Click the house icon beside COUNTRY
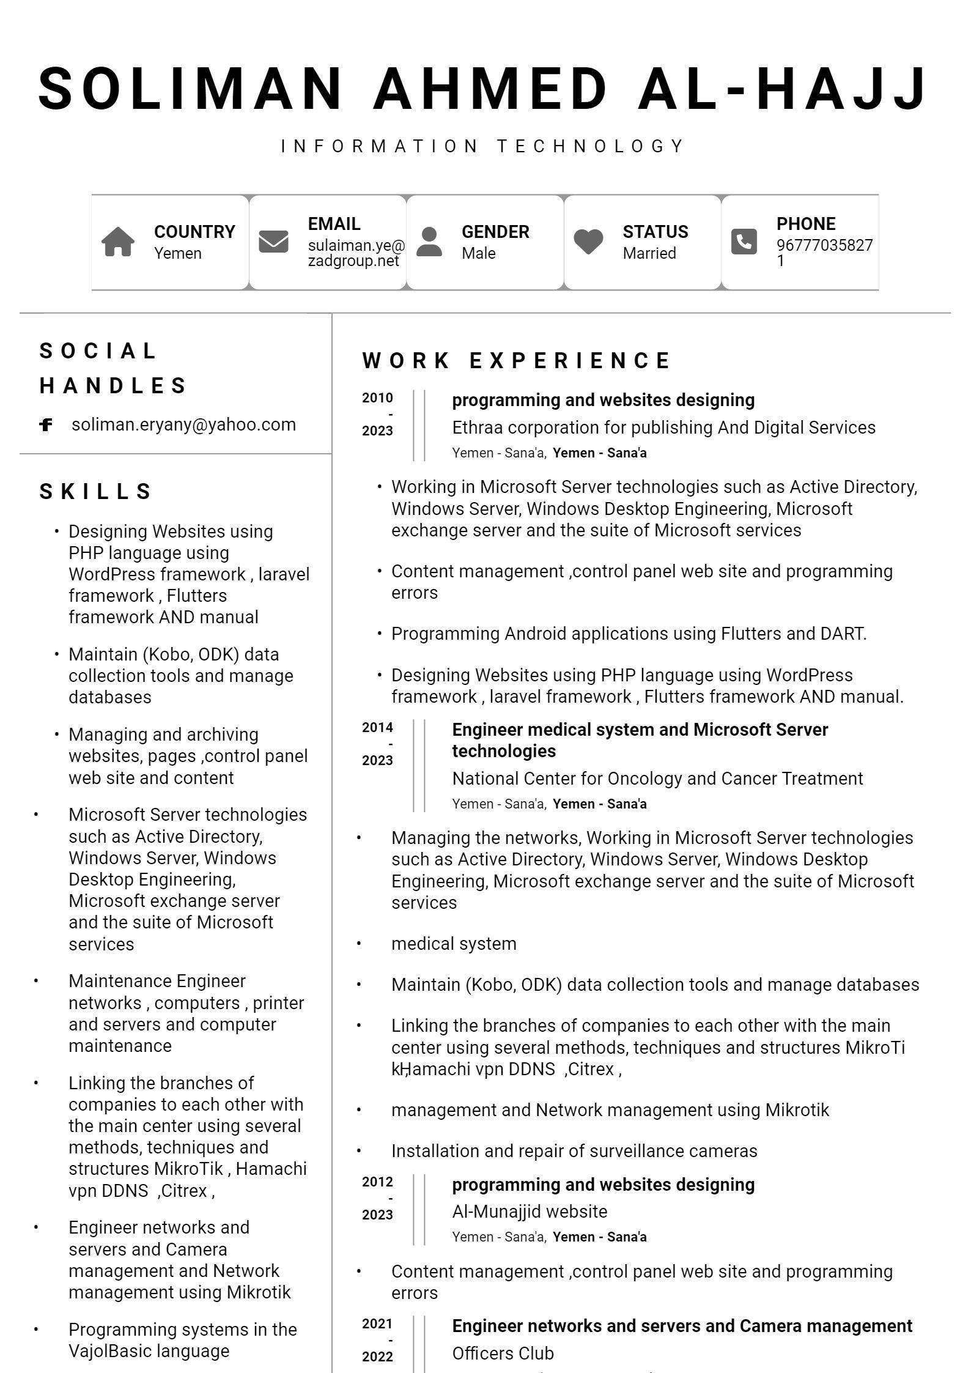click(x=118, y=242)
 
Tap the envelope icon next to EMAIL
click(x=273, y=241)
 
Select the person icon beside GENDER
click(x=429, y=242)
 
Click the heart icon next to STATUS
click(x=588, y=242)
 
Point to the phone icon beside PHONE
click(x=744, y=242)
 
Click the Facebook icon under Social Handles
click(x=46, y=424)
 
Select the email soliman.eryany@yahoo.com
click(x=183, y=424)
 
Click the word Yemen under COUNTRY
click(x=177, y=253)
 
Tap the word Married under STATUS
click(x=649, y=253)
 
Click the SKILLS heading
click(x=96, y=491)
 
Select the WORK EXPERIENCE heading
click(x=517, y=360)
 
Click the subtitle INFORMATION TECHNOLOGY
click(x=483, y=146)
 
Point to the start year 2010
click(x=377, y=398)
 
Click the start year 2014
click(x=377, y=728)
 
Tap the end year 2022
click(x=377, y=1356)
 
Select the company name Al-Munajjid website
click(x=530, y=1212)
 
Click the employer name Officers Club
click(x=503, y=1353)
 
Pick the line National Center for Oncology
click(x=657, y=779)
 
